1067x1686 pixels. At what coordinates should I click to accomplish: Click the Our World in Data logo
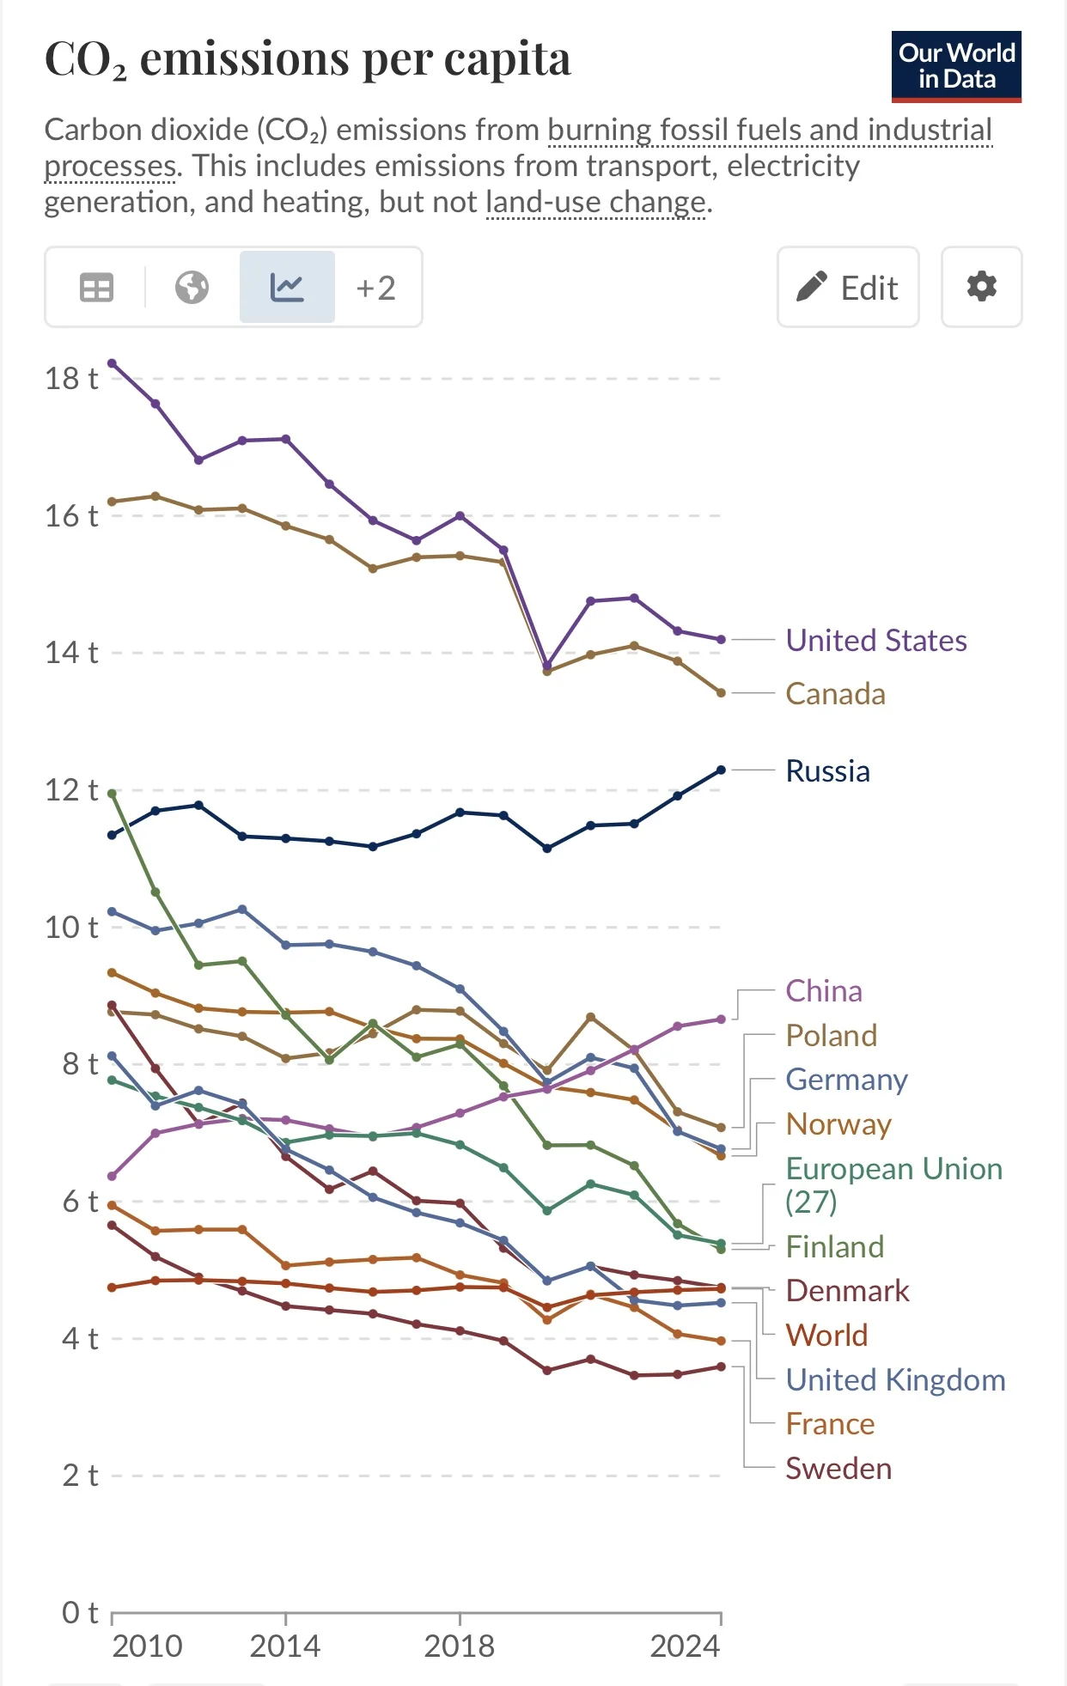click(x=956, y=67)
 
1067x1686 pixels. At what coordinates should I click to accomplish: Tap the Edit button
click(x=848, y=287)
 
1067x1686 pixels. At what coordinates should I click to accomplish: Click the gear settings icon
click(x=981, y=287)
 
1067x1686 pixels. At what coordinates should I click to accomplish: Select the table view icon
click(x=96, y=288)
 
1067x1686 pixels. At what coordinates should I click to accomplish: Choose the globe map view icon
click(x=192, y=287)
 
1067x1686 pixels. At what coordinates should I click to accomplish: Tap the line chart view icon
click(x=287, y=287)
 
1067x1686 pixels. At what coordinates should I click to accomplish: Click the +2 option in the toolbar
click(x=376, y=288)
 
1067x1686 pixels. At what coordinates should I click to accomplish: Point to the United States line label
click(x=876, y=641)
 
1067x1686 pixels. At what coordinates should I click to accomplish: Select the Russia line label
click(x=828, y=771)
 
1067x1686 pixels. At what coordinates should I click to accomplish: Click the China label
click(x=824, y=991)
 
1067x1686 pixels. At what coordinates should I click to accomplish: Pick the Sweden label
click(x=838, y=1469)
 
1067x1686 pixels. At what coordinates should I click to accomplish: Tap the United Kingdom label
click(x=895, y=1380)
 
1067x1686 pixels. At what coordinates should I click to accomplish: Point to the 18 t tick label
click(x=71, y=379)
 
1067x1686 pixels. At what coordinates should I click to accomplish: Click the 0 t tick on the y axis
click(x=80, y=1613)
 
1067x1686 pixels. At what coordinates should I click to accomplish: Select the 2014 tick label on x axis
click(x=285, y=1646)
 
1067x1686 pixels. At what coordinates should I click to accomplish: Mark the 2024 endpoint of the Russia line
click(x=721, y=770)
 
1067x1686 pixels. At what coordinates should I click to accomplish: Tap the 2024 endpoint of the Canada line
click(x=721, y=693)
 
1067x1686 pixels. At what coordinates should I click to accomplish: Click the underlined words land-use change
click(x=596, y=203)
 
